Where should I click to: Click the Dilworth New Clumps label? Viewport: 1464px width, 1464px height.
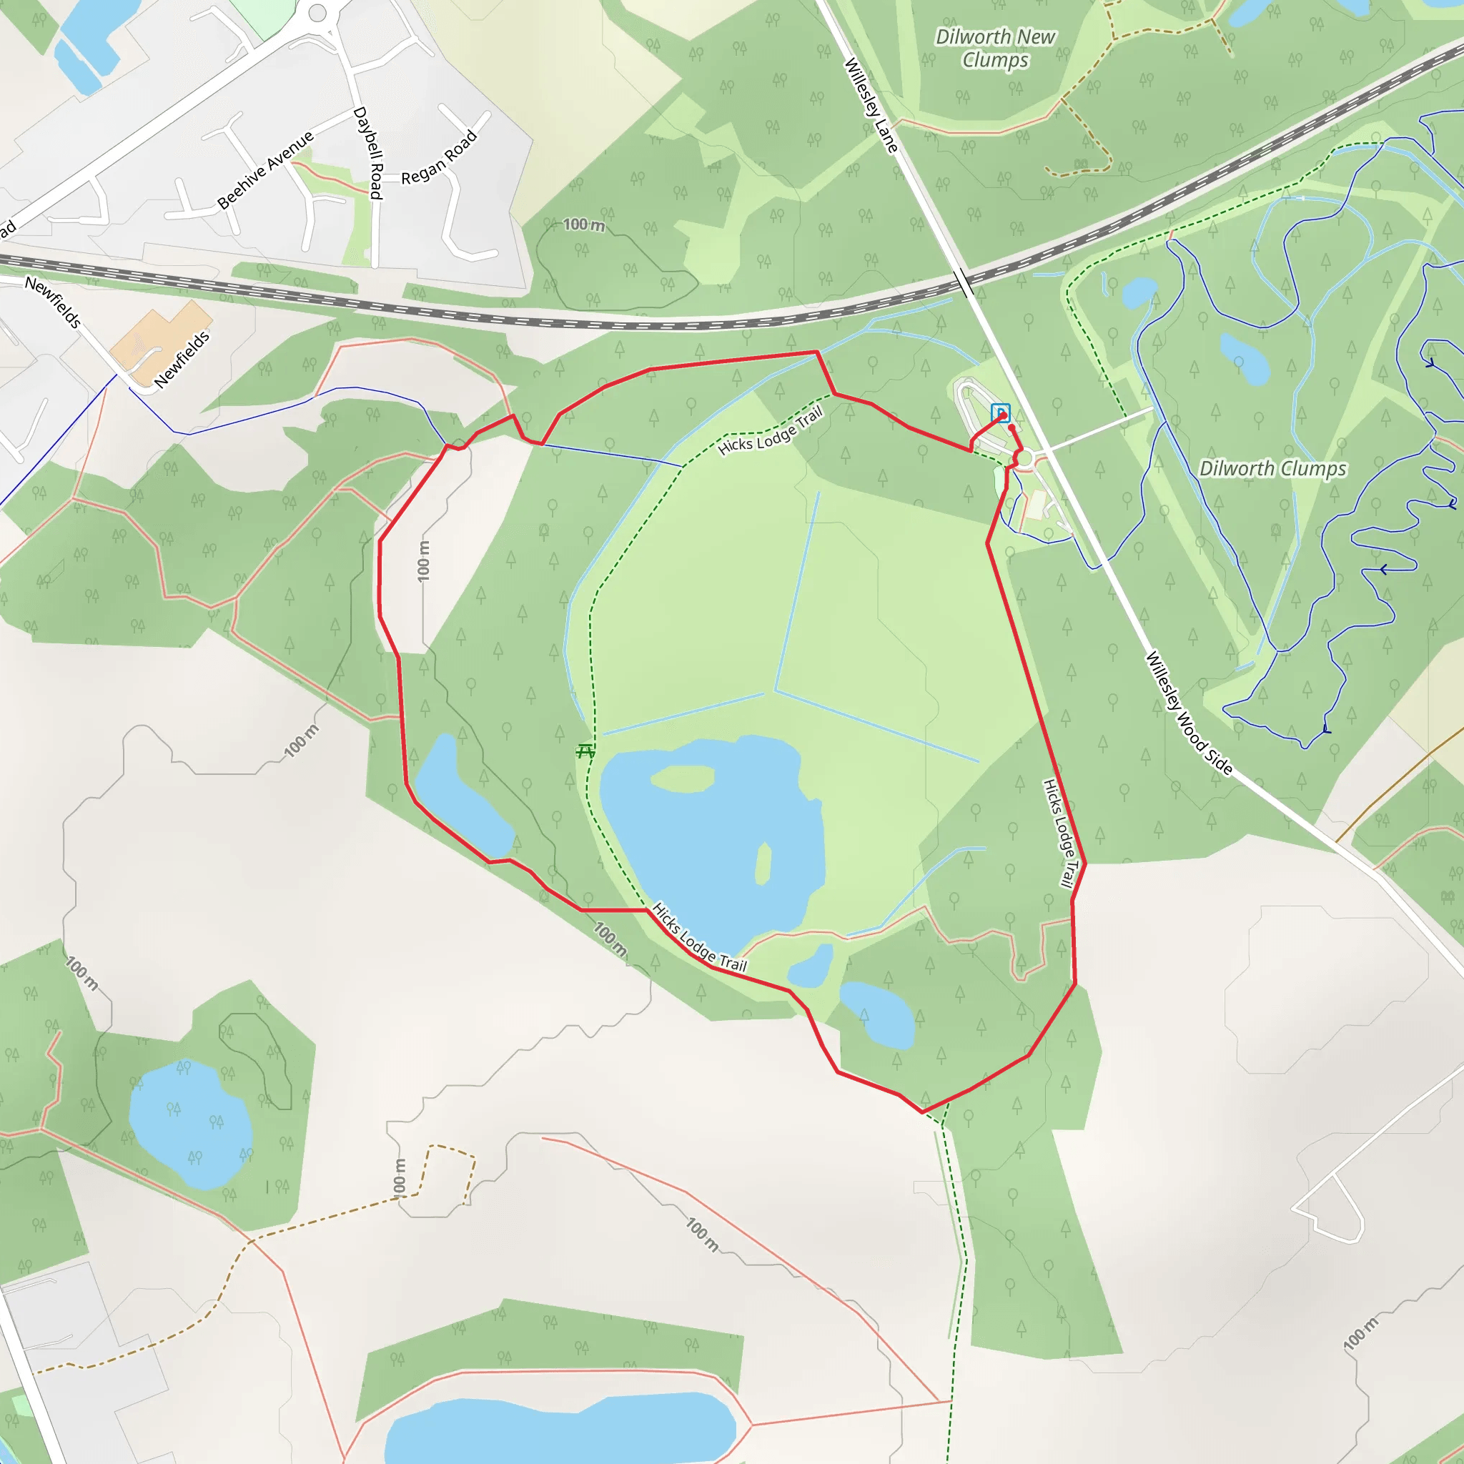tap(995, 48)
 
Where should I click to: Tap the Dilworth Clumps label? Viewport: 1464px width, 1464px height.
tap(1272, 468)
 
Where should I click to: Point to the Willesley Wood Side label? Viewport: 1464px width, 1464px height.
tap(1188, 713)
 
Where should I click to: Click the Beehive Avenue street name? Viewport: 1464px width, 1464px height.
tap(265, 169)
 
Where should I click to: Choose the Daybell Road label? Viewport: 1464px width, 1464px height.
tap(368, 152)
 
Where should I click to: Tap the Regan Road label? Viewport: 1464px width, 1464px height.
tap(440, 157)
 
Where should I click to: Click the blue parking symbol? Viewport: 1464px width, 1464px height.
tap(1000, 412)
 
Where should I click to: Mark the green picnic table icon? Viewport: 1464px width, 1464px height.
tap(585, 751)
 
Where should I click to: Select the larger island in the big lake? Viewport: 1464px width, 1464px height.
tap(682, 778)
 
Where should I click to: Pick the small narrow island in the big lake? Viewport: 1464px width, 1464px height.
tap(764, 864)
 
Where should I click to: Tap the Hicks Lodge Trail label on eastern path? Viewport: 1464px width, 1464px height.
tap(1059, 833)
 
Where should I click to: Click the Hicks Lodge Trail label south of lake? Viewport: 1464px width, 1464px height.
tap(698, 938)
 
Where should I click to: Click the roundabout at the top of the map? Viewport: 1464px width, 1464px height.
tap(317, 13)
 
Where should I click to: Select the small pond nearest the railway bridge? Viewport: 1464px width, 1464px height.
tap(1139, 292)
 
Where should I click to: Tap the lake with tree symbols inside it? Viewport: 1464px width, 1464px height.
tap(190, 1123)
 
